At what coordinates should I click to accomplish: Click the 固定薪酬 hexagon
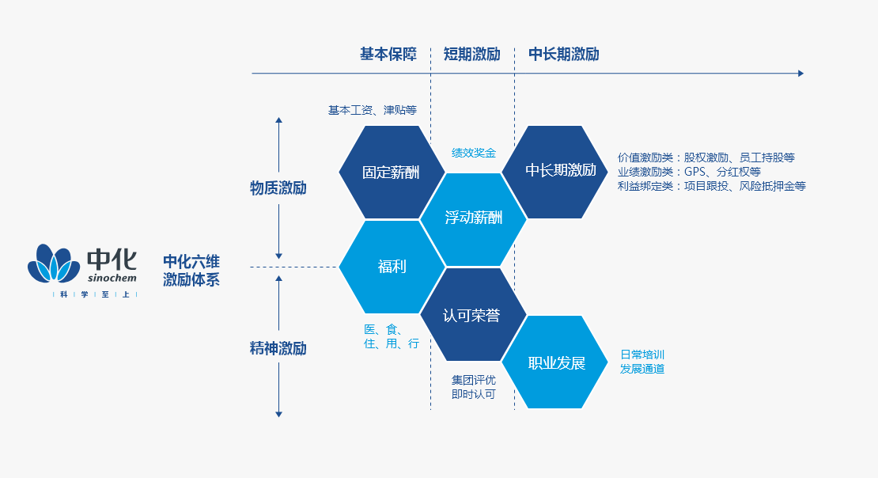click(392, 172)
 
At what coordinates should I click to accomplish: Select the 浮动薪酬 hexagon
click(473, 219)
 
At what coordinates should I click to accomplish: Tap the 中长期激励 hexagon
click(555, 172)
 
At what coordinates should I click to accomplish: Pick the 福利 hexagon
click(392, 267)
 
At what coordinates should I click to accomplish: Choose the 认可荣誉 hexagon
click(473, 314)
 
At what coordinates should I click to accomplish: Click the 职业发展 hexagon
click(555, 362)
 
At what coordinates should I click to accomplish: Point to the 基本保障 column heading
click(388, 55)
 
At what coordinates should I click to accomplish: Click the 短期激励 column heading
click(471, 55)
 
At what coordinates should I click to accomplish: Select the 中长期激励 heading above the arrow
click(564, 55)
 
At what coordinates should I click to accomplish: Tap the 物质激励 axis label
click(278, 188)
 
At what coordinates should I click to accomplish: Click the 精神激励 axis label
click(278, 348)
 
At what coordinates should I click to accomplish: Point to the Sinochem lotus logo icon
click(54, 264)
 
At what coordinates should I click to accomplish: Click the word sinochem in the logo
click(112, 278)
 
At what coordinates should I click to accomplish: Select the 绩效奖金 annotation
click(474, 153)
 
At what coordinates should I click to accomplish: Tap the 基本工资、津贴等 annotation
click(373, 110)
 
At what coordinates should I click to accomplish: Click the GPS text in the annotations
click(694, 172)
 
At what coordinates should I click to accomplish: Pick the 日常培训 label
click(642, 355)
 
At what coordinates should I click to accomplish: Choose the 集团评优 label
click(474, 380)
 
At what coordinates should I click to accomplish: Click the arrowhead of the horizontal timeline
click(801, 74)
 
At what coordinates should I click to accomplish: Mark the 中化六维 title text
click(191, 262)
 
